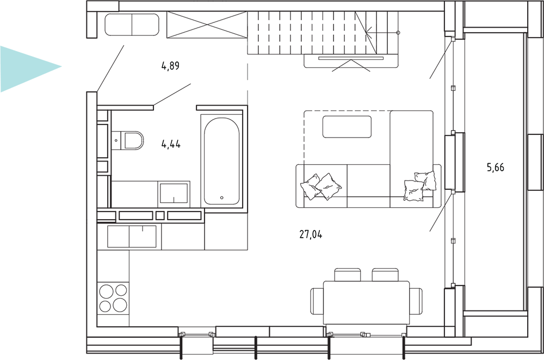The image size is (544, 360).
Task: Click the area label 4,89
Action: coord(170,66)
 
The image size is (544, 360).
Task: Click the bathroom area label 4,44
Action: coord(171,144)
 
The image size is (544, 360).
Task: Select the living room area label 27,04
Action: coord(311,235)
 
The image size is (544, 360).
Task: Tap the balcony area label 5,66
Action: coord(496,168)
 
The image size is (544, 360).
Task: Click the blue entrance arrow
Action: coord(28,69)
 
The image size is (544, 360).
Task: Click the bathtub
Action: coord(221,161)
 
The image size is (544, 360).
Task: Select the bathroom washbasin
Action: coord(174,193)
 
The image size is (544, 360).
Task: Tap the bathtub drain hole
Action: coord(222,198)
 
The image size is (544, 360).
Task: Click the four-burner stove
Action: coord(113,297)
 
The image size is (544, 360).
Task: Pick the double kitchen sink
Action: coord(132,236)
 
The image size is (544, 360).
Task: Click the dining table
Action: coord(366,302)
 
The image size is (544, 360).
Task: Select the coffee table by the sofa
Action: coord(347,127)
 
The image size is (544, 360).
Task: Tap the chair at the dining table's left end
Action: coord(317,301)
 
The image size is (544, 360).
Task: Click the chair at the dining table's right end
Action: coord(416,301)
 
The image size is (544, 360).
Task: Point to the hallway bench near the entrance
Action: coord(132,24)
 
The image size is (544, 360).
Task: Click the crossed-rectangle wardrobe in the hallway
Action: coord(207,24)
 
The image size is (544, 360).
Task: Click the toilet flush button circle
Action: coord(116,140)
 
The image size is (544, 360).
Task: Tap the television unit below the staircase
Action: coord(351,61)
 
